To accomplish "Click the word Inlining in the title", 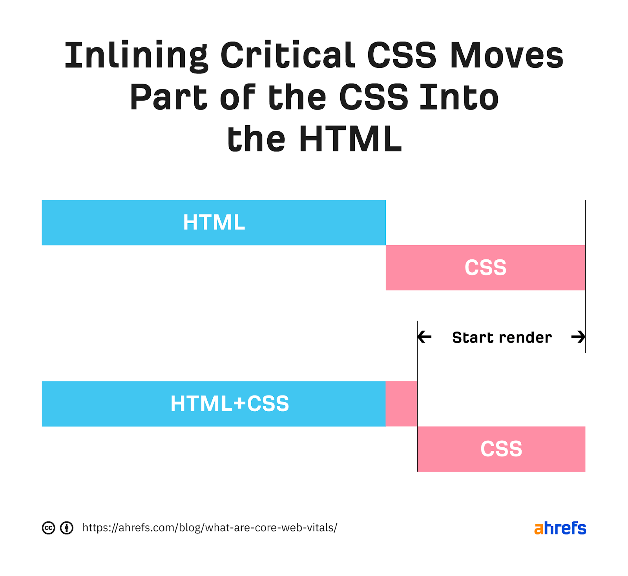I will (x=136, y=56).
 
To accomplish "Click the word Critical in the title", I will (x=287, y=56).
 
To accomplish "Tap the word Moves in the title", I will (x=506, y=56).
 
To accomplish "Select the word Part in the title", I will (x=169, y=98).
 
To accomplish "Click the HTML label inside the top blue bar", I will (x=214, y=222).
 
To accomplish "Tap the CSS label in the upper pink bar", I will (x=486, y=268).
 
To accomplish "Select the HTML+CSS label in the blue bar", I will (x=230, y=404).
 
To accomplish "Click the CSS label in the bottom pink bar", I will (x=501, y=449).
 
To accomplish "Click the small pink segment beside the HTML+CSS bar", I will (x=401, y=404).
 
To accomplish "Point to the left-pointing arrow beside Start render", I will (x=425, y=337).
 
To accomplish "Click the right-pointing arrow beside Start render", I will (x=578, y=337).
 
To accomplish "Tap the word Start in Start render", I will (x=473, y=338).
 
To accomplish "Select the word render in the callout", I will (x=525, y=338).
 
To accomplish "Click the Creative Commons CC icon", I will (x=48, y=528).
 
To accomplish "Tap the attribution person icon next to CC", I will (x=67, y=528).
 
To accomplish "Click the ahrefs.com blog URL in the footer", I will (x=210, y=528).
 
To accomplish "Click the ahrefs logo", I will (x=560, y=528).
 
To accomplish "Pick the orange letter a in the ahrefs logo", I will (x=539, y=529).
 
